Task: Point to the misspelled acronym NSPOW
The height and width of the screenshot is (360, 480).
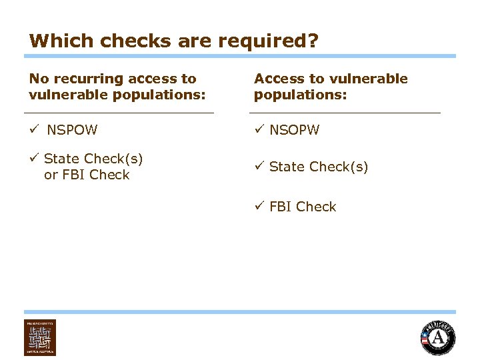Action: point(72,130)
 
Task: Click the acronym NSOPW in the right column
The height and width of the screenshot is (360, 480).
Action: point(294,130)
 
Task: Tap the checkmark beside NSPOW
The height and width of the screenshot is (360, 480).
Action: point(33,129)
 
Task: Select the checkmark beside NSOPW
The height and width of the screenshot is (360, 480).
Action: point(259,129)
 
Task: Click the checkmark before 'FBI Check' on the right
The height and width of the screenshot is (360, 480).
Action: point(259,206)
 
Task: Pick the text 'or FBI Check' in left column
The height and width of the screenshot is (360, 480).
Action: point(87,175)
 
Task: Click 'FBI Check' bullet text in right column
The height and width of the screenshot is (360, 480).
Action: point(303,207)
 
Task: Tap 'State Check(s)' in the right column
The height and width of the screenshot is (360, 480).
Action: point(319,167)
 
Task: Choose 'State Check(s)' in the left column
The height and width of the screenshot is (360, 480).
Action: point(93,159)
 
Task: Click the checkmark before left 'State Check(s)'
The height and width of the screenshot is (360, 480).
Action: point(33,158)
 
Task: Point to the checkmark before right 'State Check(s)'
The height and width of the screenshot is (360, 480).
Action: point(259,166)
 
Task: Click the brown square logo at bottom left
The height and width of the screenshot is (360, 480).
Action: point(40,337)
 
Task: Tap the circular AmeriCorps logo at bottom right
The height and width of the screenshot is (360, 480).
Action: point(438,338)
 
